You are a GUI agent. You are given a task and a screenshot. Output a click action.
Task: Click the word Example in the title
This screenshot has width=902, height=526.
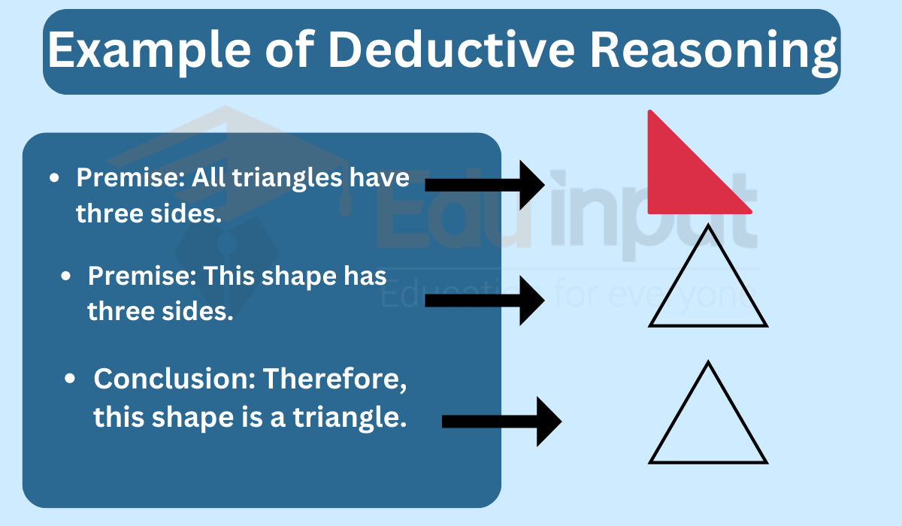point(149,51)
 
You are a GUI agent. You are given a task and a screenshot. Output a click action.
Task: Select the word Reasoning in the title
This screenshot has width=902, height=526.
point(713,53)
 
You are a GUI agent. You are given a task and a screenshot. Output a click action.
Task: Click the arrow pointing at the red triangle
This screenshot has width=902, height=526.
point(485,185)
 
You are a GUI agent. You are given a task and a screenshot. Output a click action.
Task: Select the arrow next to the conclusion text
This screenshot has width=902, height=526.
point(502,422)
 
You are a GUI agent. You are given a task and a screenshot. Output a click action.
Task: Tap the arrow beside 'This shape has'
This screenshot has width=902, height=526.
point(485,301)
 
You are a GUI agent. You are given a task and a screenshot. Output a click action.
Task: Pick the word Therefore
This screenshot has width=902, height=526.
point(334,379)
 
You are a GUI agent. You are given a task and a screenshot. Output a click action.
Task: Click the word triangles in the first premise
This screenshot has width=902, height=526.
point(286,179)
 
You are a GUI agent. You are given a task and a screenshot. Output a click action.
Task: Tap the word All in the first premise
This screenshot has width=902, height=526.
point(207,177)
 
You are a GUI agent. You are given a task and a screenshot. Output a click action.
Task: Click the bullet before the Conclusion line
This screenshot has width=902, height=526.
point(70,379)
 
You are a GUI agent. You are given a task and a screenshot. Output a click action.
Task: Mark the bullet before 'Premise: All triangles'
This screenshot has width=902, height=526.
point(54,177)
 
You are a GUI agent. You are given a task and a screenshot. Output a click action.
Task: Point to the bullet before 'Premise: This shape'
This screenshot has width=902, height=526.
point(65,276)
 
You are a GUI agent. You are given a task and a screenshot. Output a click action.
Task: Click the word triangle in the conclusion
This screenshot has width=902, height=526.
point(350,418)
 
